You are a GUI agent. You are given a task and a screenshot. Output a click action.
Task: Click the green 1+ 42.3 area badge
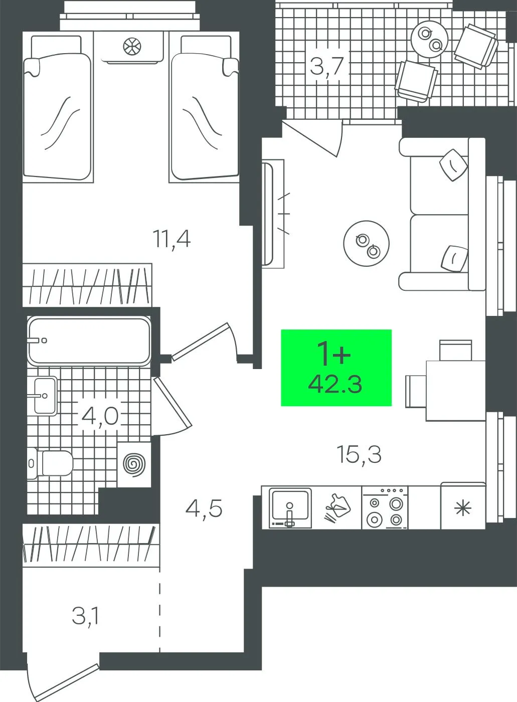pyautogui.click(x=336, y=368)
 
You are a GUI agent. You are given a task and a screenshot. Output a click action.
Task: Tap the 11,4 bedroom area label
pyautogui.click(x=171, y=239)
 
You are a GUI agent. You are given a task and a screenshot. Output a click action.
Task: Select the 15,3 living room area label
pyautogui.click(x=359, y=455)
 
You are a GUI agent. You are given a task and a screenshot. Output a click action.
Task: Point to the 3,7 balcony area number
pyautogui.click(x=327, y=66)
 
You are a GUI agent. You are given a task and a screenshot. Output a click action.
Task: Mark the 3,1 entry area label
pyautogui.click(x=85, y=615)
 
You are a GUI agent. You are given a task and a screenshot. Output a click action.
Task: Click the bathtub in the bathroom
pyautogui.click(x=89, y=341)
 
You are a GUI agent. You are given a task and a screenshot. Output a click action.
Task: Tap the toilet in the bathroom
pyautogui.click(x=50, y=463)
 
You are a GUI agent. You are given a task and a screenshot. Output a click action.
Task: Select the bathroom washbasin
pyautogui.click(x=46, y=396)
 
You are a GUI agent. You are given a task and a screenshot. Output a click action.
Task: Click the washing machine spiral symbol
pyautogui.click(x=134, y=464)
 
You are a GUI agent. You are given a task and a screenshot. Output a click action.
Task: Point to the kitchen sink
pyautogui.click(x=290, y=507)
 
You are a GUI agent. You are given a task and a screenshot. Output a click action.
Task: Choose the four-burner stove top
pyautogui.click(x=385, y=507)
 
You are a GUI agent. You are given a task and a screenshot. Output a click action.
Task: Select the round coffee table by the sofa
pyautogui.click(x=366, y=243)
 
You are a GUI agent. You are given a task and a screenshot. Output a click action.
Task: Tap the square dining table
pyautogui.click(x=455, y=391)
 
